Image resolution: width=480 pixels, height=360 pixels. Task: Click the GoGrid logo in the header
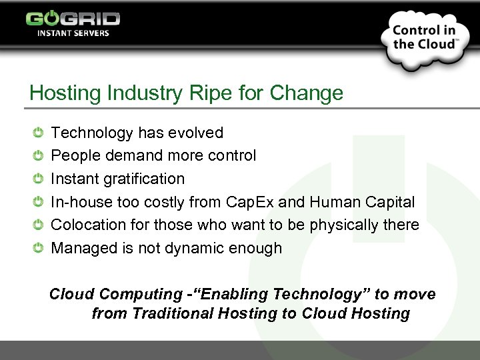pos(73,18)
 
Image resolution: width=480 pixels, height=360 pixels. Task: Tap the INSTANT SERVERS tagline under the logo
pos(73,33)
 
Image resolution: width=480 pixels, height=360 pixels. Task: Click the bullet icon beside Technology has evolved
pos(39,133)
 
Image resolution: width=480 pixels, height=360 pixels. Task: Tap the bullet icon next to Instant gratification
pos(39,179)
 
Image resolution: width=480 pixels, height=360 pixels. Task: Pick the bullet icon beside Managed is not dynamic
pos(39,248)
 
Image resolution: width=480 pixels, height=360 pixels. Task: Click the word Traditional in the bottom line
pos(175,313)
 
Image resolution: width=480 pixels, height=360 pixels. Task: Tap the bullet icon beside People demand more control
pos(39,155)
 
